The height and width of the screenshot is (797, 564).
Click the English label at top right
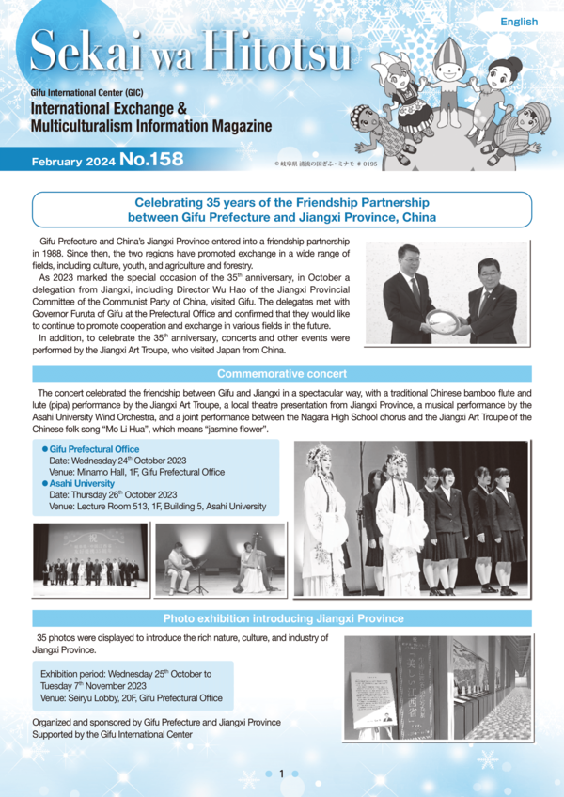[x=519, y=22]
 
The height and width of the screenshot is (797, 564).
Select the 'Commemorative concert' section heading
[x=282, y=374]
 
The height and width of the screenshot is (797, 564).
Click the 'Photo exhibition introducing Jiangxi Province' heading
[x=283, y=618]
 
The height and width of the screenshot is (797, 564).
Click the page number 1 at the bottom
[x=281, y=774]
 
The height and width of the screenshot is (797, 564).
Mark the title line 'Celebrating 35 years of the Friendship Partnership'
[x=282, y=202]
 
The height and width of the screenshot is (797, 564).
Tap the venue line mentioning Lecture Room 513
[x=157, y=507]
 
